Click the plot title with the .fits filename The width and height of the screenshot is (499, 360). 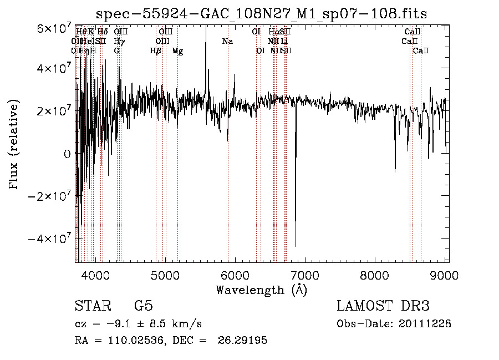(x=261, y=13)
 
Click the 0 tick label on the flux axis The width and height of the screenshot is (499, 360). (x=68, y=154)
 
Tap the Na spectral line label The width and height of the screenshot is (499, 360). (x=227, y=42)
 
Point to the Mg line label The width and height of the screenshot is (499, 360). (x=177, y=51)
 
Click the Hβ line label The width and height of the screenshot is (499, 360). (x=156, y=51)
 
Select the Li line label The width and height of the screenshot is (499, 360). (x=284, y=42)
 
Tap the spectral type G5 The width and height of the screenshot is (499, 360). (x=144, y=306)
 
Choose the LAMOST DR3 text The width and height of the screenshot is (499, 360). (x=383, y=306)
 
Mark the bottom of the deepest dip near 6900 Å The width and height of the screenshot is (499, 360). (x=296, y=246)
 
